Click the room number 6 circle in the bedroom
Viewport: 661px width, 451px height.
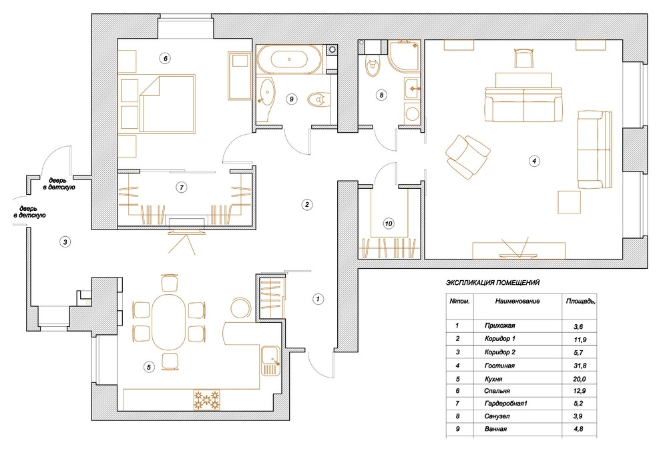(166, 58)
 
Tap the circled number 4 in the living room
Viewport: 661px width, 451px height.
(534, 161)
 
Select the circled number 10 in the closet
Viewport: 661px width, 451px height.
(389, 223)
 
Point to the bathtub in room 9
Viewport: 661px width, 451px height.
(289, 59)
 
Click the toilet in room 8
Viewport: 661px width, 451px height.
(373, 67)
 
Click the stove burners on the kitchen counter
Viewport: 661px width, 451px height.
(207, 400)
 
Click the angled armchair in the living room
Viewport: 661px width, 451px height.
(467, 156)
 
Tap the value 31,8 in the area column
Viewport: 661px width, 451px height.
(580, 366)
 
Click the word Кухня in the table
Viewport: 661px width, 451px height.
(493, 378)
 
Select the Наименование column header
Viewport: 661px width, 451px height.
(517, 301)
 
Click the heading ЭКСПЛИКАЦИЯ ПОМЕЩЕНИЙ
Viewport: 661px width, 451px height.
(492, 283)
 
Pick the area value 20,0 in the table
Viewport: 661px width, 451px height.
(580, 378)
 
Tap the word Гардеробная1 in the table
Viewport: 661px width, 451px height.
(506, 404)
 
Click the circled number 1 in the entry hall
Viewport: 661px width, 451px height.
(318, 299)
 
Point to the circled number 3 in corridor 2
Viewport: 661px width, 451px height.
(65, 242)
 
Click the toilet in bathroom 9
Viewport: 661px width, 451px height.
(318, 100)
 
